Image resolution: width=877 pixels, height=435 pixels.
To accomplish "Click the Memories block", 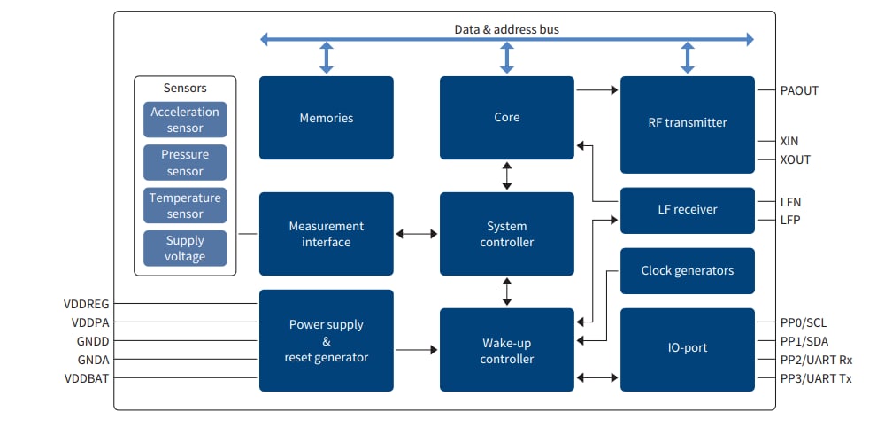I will tap(326, 118).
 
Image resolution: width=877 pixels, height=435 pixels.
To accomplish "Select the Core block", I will tap(506, 118).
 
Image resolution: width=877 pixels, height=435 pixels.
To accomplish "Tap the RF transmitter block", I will tap(687, 123).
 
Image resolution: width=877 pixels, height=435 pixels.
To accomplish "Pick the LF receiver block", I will tap(687, 210).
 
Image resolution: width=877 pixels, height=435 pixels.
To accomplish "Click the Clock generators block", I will tap(687, 270).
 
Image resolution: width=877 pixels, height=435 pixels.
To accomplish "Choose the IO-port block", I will tap(687, 349).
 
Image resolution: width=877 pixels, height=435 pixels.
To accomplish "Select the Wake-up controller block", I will tap(506, 350).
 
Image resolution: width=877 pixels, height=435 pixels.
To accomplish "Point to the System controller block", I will tap(506, 234).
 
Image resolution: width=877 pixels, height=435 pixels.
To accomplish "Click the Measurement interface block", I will tap(326, 234).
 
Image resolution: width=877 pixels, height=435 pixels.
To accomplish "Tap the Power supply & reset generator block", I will tap(326, 340).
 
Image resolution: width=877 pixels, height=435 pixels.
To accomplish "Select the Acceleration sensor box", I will tap(185, 120).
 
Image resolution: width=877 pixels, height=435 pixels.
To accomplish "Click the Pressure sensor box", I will tap(185, 163).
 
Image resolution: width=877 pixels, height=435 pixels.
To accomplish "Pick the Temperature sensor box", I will tap(185, 206).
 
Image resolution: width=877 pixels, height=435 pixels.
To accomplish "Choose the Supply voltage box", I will tap(185, 248).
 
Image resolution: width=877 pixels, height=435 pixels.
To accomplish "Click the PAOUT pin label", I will tap(800, 89).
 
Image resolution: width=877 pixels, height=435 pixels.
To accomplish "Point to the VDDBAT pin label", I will tap(87, 378).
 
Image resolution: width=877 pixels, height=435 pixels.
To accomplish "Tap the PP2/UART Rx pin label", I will tap(816, 360).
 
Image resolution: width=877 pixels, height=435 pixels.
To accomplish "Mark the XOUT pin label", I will tap(796, 159).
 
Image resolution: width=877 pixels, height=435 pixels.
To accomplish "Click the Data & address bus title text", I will tap(506, 29).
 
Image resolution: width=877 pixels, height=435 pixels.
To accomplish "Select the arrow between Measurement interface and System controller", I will tap(416, 234).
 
